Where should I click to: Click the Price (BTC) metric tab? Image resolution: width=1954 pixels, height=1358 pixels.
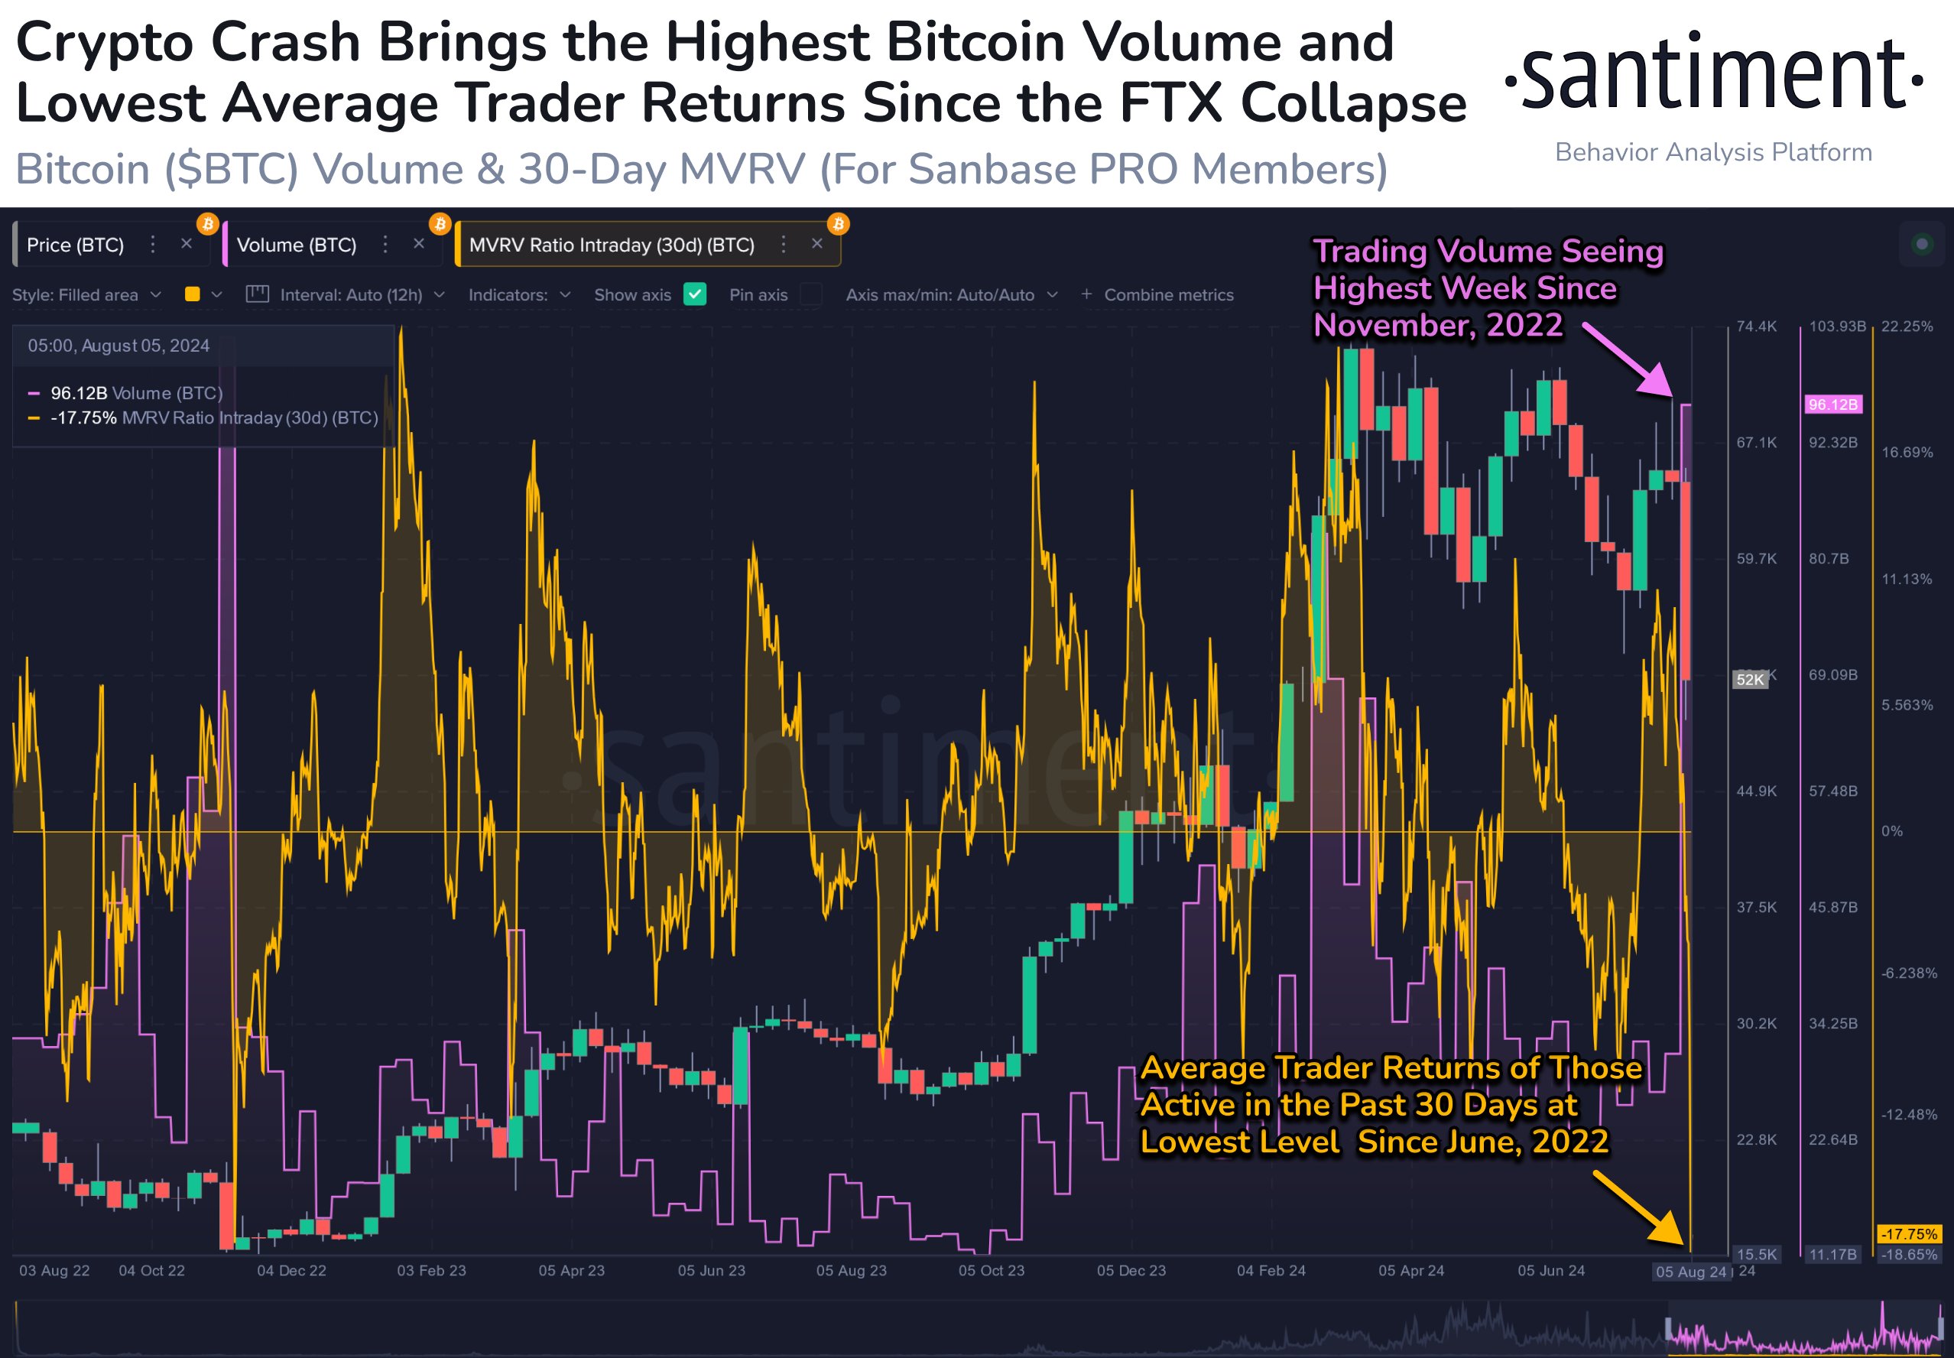click(x=75, y=245)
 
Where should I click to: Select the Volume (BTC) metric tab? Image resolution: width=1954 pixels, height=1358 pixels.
click(x=296, y=245)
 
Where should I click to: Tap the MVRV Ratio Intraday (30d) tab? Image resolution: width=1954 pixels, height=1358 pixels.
click(x=611, y=245)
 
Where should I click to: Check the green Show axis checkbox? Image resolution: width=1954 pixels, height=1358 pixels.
click(x=695, y=294)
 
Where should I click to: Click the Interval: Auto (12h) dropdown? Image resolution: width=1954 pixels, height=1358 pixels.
click(x=346, y=294)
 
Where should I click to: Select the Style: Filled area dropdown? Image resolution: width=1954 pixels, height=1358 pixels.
click(x=85, y=294)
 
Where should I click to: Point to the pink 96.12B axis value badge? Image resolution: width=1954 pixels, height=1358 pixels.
click(x=1832, y=404)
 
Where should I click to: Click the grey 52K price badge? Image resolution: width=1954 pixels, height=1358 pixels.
click(x=1750, y=679)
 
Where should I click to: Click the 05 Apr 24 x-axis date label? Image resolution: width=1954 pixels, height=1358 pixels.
click(x=1411, y=1270)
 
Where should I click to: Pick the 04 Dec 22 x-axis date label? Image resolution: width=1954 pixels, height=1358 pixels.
click(x=291, y=1270)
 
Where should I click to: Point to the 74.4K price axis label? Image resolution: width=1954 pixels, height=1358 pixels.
click(x=1757, y=327)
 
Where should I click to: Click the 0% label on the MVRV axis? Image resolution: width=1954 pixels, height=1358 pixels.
click(x=1892, y=831)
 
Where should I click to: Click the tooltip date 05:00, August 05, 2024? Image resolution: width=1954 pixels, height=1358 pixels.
click(x=118, y=346)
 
